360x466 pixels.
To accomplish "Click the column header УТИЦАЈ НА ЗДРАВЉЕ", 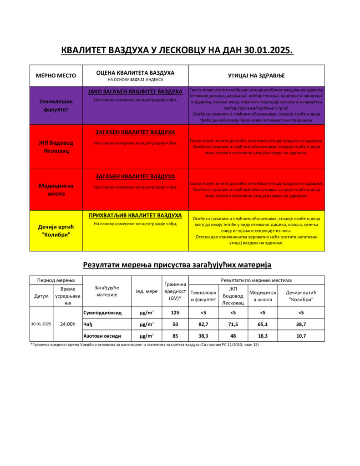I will (x=256, y=76).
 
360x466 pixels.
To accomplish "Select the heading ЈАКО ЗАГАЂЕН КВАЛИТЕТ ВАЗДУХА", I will (x=135, y=92).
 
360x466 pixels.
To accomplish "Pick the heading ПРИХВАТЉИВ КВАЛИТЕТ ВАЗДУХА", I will (x=135, y=215).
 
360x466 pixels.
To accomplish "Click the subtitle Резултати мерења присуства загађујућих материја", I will (x=177, y=264).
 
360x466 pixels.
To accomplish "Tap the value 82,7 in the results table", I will (x=203, y=324).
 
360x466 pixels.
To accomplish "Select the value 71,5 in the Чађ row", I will (x=233, y=324).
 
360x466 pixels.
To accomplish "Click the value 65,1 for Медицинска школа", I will (x=263, y=324).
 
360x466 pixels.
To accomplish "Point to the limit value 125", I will (x=175, y=313).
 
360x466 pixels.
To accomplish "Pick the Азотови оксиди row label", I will (x=102, y=336).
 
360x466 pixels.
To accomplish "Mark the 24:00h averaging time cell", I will (x=68, y=324).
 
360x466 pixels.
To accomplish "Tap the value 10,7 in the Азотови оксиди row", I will (x=301, y=336).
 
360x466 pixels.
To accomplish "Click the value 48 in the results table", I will (x=233, y=336).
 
